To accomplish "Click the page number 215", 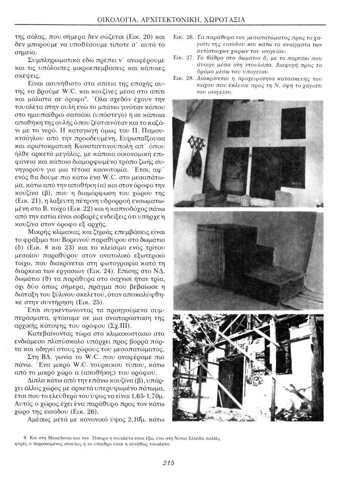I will (x=168, y=463).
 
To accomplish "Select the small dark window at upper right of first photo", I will (x=293, y=123).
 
